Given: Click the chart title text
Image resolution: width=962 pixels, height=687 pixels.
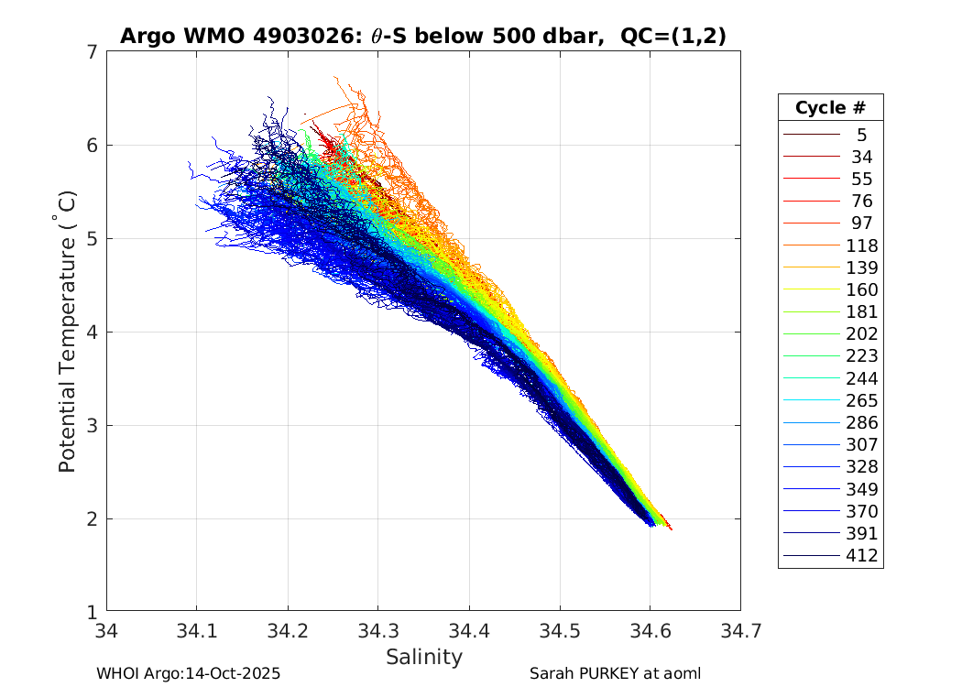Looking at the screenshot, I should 423,37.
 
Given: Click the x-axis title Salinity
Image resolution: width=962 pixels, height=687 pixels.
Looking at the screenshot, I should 423,657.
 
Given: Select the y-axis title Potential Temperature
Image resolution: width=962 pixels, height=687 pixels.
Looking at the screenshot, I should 67,331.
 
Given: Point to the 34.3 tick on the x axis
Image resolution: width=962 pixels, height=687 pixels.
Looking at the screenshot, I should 377,630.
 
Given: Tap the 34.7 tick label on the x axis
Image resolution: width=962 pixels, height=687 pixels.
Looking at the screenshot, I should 740,630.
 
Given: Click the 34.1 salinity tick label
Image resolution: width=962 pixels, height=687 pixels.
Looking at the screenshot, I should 196,630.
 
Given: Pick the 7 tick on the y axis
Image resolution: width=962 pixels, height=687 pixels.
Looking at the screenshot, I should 93,52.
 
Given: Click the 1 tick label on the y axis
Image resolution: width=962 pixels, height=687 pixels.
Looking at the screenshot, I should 93,612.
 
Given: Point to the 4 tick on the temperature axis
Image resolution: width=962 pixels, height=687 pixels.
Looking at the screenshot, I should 93,333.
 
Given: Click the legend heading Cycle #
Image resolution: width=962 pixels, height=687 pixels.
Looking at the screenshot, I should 830,108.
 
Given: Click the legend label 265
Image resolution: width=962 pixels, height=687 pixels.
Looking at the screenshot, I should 862,401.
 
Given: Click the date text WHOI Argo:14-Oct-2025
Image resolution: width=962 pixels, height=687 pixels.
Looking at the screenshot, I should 188,673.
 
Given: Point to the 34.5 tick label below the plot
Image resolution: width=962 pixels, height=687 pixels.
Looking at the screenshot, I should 559,630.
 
